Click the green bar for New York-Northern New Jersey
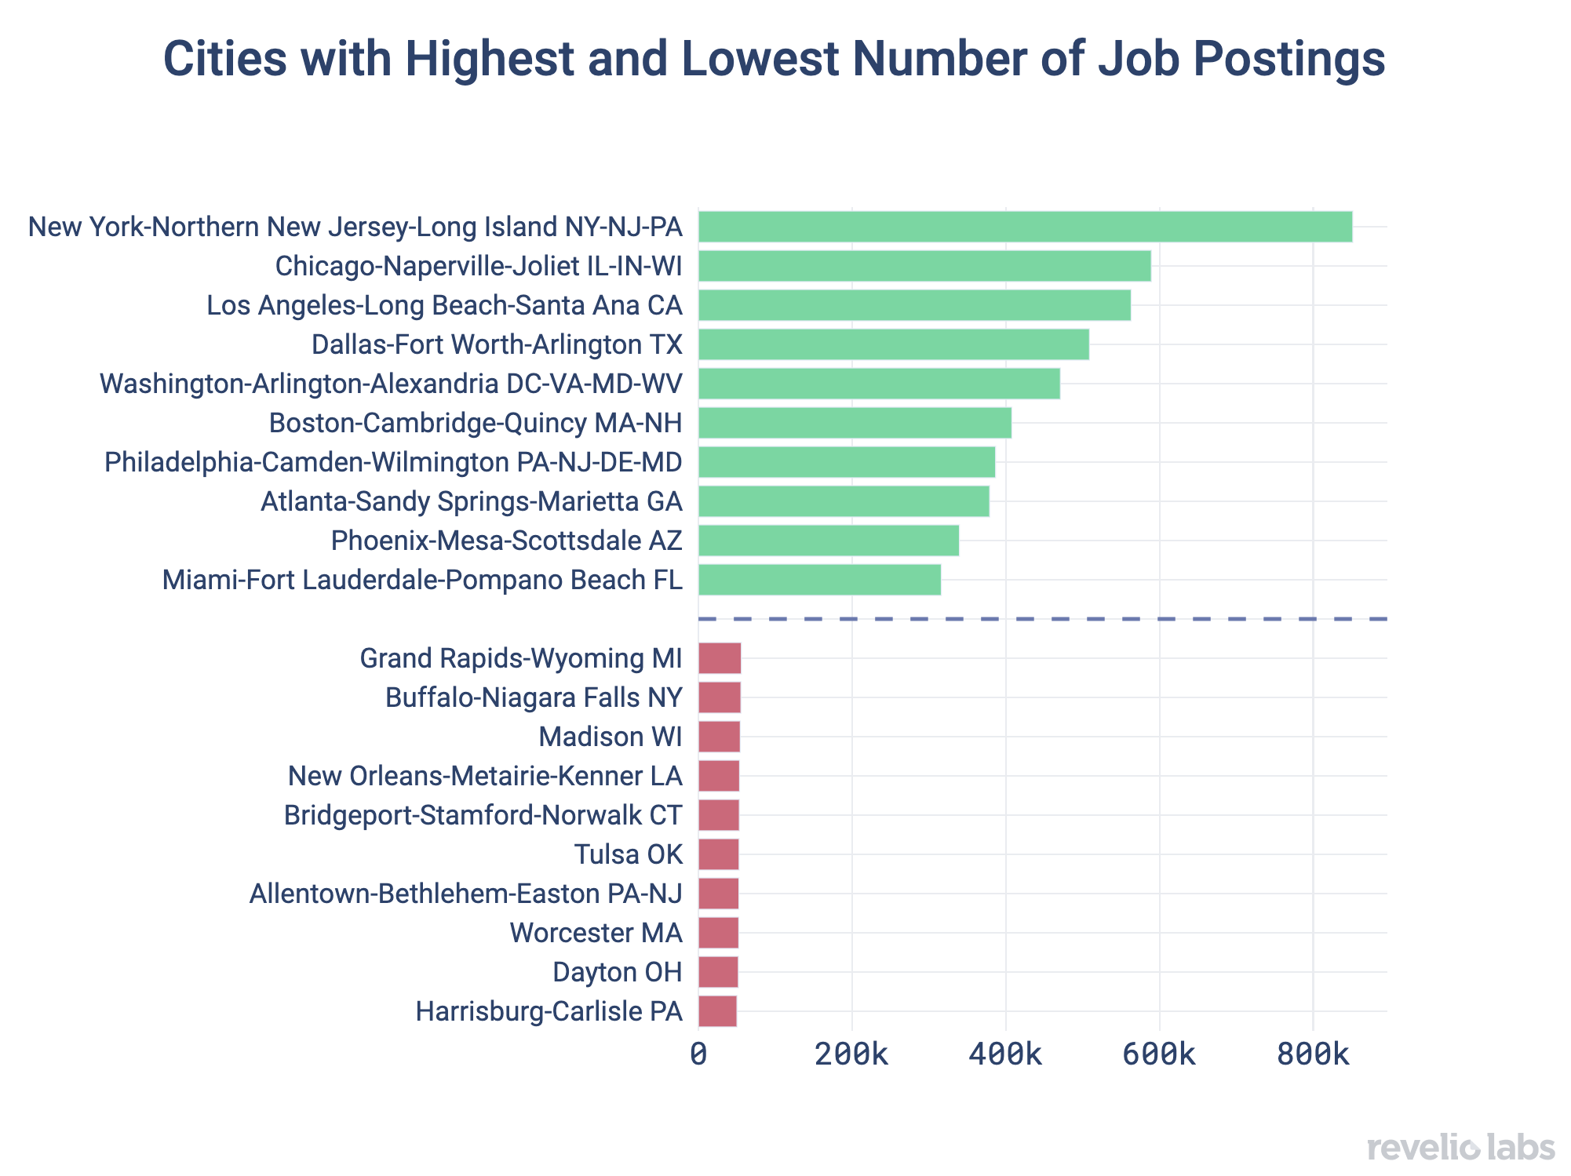pyautogui.click(x=1025, y=227)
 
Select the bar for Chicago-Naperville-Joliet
pyautogui.click(x=924, y=266)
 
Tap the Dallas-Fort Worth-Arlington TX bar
pyautogui.click(x=894, y=344)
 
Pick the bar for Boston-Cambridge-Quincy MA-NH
pyautogui.click(x=855, y=423)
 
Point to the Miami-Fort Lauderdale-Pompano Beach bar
pyautogui.click(x=819, y=580)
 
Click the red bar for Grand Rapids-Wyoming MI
pyautogui.click(x=720, y=658)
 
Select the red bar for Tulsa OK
pyautogui.click(x=719, y=854)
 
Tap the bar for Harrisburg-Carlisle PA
pyautogui.click(x=718, y=1011)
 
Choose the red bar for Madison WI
pyautogui.click(x=719, y=737)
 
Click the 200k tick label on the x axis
pyautogui.click(x=851, y=1056)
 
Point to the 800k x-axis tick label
pyautogui.click(x=1313, y=1056)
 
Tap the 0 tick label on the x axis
pyautogui.click(x=698, y=1056)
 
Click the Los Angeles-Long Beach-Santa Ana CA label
pyautogui.click(x=444, y=305)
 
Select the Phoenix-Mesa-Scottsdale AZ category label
pyautogui.click(x=506, y=541)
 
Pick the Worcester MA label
pyautogui.click(x=596, y=933)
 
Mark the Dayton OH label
pyautogui.click(x=617, y=972)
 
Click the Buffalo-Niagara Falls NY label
pyautogui.click(x=534, y=697)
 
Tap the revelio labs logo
pyautogui.click(x=1460, y=1148)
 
